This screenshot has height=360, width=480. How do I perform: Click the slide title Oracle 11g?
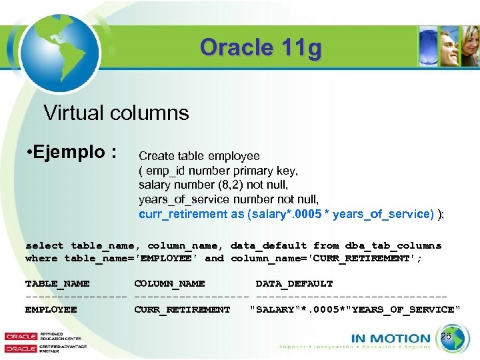click(260, 48)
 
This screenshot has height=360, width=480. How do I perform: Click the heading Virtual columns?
click(116, 113)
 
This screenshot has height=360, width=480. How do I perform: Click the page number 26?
click(446, 337)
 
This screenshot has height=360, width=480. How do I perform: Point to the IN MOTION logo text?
click(391, 338)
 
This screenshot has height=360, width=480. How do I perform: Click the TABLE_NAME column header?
click(57, 283)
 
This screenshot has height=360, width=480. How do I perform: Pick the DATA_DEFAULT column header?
click(294, 283)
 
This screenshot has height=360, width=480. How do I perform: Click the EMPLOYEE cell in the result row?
click(51, 309)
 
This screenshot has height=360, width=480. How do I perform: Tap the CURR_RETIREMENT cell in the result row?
click(182, 309)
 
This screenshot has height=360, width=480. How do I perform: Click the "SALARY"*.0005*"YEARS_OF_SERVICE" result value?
click(355, 309)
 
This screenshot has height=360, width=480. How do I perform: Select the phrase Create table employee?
click(199, 156)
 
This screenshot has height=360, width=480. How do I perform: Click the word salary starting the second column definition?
click(155, 185)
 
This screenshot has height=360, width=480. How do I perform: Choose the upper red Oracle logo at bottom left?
click(21, 337)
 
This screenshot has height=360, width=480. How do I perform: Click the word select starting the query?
click(45, 245)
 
